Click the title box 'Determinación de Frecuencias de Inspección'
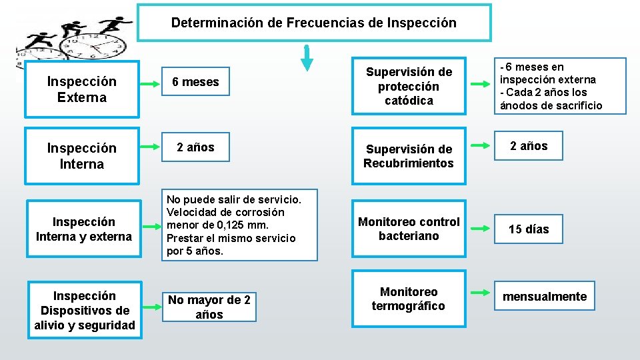[x=314, y=23]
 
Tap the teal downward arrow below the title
[x=307, y=58]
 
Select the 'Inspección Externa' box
[x=81, y=89]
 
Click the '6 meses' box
[x=195, y=82]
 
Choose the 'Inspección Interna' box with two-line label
[x=81, y=156]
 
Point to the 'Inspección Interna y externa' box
[x=84, y=229]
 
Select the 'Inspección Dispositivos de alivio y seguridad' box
[x=84, y=310]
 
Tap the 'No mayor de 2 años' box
[x=209, y=307]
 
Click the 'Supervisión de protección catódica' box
[x=409, y=86]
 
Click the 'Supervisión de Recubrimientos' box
[x=409, y=156]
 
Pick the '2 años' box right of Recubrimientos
[x=529, y=146]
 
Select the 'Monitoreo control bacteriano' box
[x=409, y=229]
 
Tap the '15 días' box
[x=529, y=229]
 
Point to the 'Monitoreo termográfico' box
[x=409, y=299]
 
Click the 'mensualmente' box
[x=545, y=297]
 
